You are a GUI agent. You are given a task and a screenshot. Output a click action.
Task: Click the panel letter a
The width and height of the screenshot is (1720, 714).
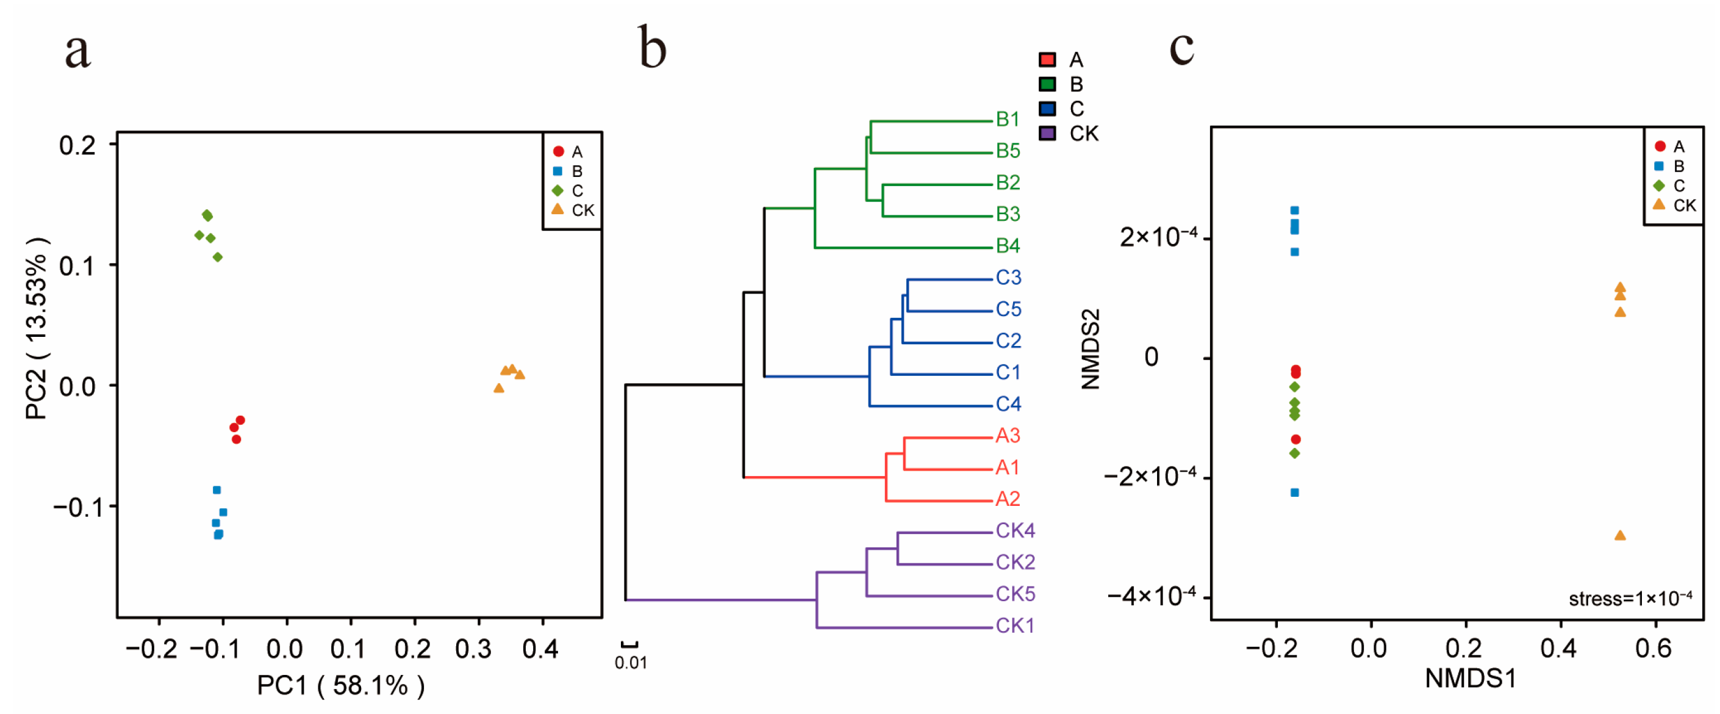point(77,51)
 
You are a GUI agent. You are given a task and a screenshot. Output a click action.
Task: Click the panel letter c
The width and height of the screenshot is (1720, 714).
point(1181,48)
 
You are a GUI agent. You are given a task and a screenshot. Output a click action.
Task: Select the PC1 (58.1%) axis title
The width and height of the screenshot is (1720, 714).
point(340,685)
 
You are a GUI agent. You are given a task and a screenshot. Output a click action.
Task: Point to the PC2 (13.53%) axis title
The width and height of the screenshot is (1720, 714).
point(36,327)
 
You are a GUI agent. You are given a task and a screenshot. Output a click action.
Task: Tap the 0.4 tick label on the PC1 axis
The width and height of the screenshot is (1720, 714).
point(540,649)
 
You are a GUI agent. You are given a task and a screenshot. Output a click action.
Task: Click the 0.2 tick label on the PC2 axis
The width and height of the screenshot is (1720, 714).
point(77,145)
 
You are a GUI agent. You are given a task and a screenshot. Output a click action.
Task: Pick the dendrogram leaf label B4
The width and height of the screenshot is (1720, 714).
point(1008,246)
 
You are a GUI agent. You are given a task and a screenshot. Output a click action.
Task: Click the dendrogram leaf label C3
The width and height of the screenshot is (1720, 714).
point(1008,277)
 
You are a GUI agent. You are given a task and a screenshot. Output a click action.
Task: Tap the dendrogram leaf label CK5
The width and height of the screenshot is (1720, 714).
point(1015,594)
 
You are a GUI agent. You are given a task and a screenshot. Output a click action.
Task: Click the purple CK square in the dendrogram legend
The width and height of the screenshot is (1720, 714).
point(1047,133)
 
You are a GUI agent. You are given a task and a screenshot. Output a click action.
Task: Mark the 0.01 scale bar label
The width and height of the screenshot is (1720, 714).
point(630,663)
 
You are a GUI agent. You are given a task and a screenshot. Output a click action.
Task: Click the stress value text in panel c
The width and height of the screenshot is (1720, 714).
point(1630,599)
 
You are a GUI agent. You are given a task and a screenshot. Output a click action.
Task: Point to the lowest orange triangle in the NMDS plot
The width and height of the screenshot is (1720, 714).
point(1620,535)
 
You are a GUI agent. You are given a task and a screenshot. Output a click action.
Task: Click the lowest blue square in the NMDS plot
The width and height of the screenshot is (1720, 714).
point(1295,492)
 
